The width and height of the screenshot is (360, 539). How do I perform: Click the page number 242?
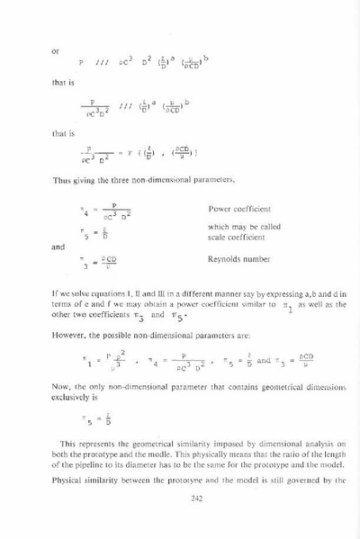(180, 506)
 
